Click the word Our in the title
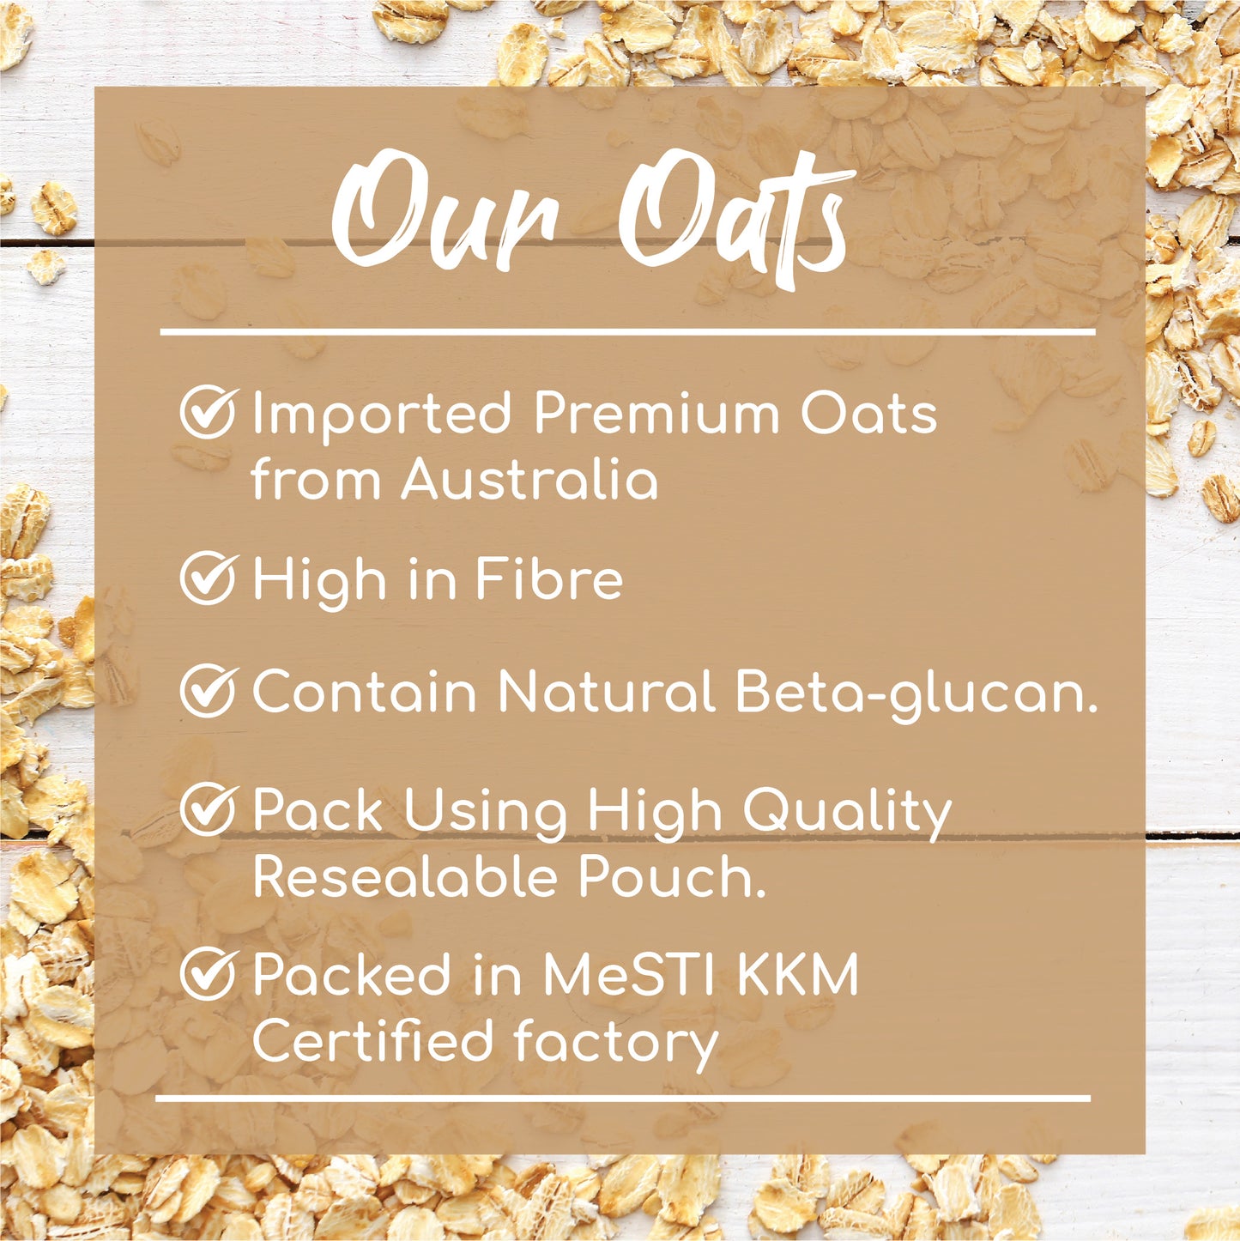point(445,213)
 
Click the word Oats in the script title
point(736,215)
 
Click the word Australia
point(529,479)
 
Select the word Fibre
point(549,578)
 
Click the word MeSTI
point(629,974)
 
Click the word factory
point(616,1044)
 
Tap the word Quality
point(847,813)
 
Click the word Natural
point(606,692)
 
